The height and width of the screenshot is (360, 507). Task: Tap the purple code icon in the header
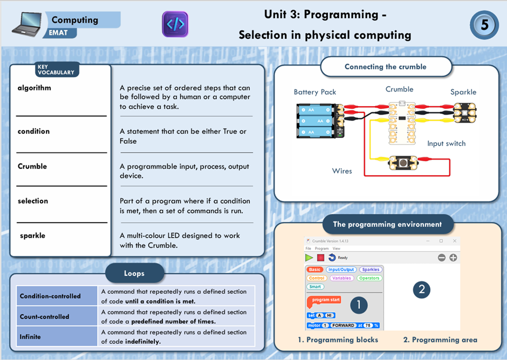[x=175, y=24]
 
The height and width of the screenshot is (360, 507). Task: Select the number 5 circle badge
[x=484, y=25]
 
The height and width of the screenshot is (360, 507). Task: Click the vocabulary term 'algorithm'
[x=34, y=88]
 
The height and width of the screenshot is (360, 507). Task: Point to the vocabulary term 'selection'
[x=33, y=201]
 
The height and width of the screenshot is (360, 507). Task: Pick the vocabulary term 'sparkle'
[x=33, y=236]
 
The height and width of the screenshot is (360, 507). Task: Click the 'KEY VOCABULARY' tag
[x=56, y=70]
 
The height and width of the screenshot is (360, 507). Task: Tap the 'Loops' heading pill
[x=134, y=273]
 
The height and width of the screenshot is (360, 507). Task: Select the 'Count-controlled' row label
[x=45, y=317]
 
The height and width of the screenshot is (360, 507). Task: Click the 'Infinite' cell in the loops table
[x=30, y=337]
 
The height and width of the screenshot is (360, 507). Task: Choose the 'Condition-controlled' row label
[x=50, y=296]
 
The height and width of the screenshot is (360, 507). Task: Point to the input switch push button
[x=402, y=162]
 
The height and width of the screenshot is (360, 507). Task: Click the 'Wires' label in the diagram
[x=342, y=171]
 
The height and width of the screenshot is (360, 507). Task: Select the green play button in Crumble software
[x=309, y=258]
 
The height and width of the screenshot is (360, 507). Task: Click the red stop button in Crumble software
[x=320, y=258]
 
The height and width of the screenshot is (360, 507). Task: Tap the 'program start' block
[x=325, y=300]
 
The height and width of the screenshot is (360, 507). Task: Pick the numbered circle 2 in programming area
[x=421, y=290]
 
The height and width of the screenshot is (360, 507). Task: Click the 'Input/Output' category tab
[x=341, y=269]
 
